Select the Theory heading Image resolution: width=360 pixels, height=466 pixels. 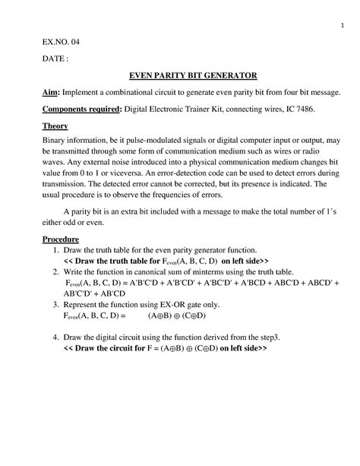click(55, 125)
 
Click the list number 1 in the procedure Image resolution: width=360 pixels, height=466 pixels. click(48, 250)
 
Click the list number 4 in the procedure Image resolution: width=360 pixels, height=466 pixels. click(48, 336)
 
